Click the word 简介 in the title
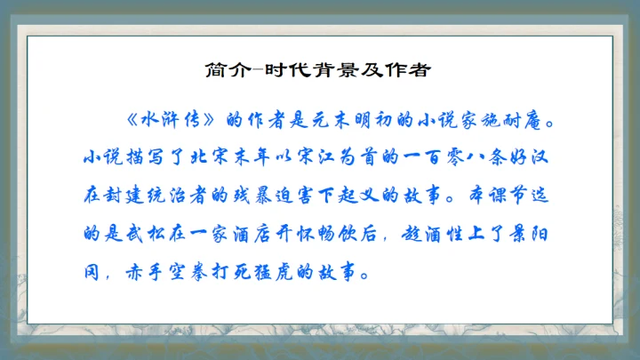pos(224,70)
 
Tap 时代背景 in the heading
pos(297,70)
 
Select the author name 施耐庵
pos(527,120)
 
